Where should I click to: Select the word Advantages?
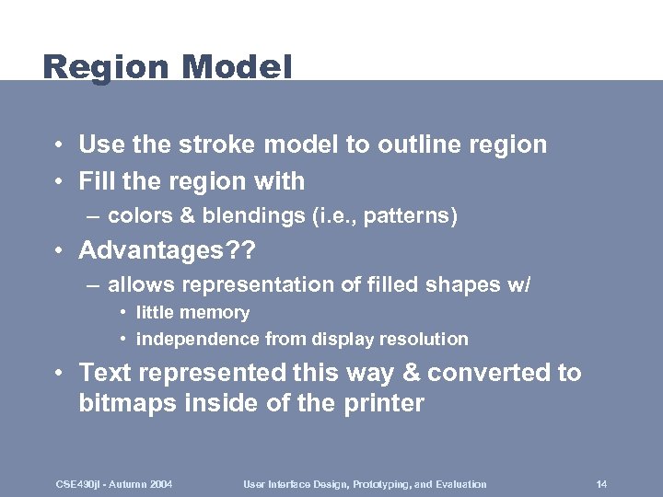(157, 250)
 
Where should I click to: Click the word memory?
(214, 313)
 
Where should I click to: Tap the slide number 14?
(601, 484)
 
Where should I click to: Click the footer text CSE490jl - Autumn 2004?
(114, 484)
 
